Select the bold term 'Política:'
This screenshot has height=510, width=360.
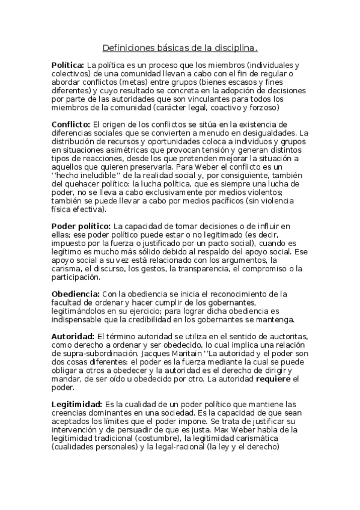67,64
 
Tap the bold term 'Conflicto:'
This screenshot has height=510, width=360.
71,124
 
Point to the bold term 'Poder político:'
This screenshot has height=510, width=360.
81,226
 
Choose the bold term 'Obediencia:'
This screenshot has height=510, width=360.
75,293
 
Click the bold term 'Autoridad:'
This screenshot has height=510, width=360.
73,336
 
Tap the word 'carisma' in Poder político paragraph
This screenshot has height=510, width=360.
67,268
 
